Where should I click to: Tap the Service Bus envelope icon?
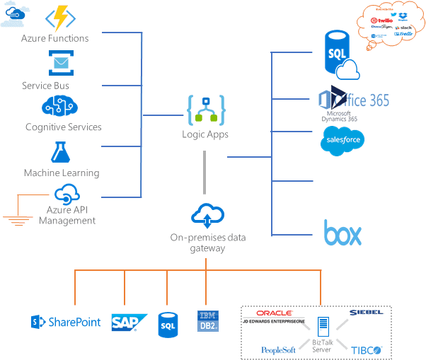pos(61,64)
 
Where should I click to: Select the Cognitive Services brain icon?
pos(61,107)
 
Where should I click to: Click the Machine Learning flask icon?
pos(59,152)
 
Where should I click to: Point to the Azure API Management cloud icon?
pos(67,193)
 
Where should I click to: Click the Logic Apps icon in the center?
pos(205,110)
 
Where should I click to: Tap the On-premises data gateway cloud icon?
pos(207,214)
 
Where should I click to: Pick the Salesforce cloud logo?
pos(342,140)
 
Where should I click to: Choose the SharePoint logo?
pos(66,323)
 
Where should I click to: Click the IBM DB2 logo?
pos(207,321)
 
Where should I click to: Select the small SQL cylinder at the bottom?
pos(168,325)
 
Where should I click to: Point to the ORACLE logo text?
pos(275,313)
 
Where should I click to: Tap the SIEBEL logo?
pos(366,312)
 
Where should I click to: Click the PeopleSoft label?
pos(278,349)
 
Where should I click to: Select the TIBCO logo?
pos(367,349)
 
